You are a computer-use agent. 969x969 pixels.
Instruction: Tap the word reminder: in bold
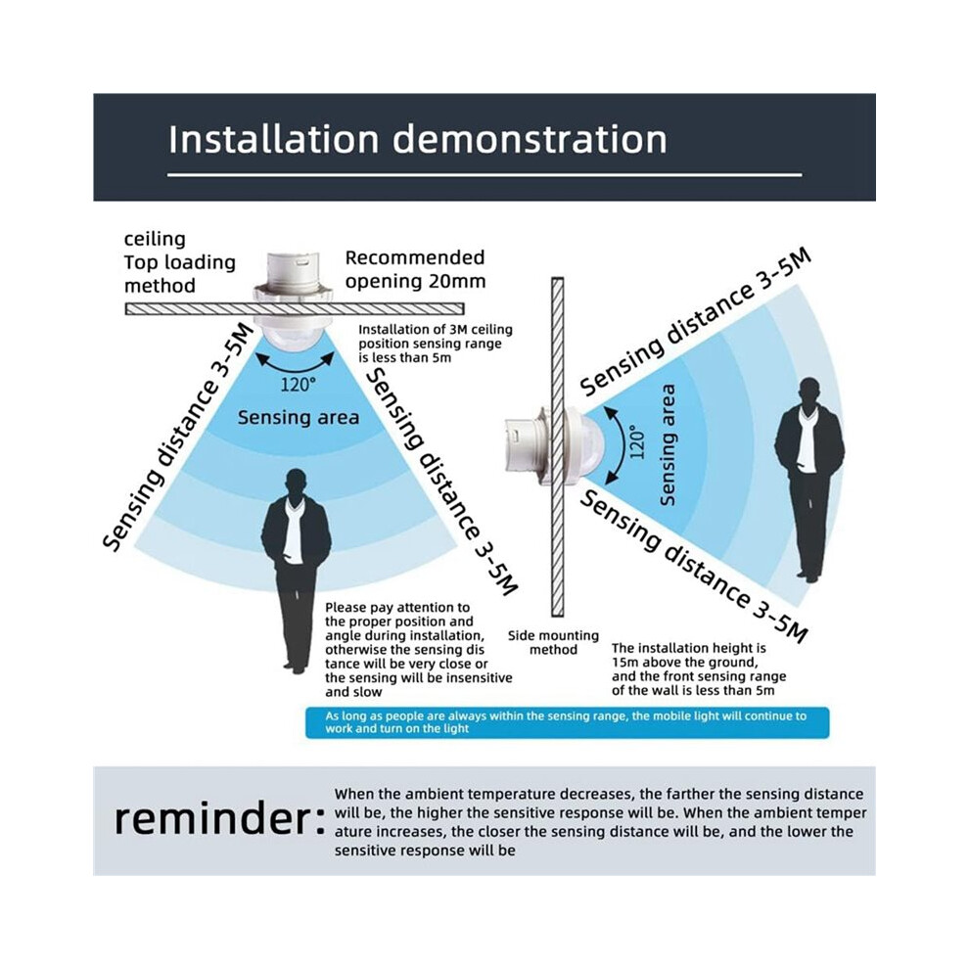219,819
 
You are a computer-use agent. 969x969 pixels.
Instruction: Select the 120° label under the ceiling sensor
298,385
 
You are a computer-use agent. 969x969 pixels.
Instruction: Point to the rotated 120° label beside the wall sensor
637,441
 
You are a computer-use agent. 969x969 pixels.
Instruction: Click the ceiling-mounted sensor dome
295,340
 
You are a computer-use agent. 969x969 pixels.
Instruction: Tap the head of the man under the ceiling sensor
296,483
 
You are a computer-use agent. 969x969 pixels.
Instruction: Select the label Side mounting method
553,643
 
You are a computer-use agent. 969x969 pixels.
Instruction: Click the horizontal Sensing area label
299,417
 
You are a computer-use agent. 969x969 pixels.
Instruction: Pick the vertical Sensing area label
668,445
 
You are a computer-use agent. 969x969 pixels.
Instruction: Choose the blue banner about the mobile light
568,722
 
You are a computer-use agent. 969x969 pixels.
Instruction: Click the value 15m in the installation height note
624,663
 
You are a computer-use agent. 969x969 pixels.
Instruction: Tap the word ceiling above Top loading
155,239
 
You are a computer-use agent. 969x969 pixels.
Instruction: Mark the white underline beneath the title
484,175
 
